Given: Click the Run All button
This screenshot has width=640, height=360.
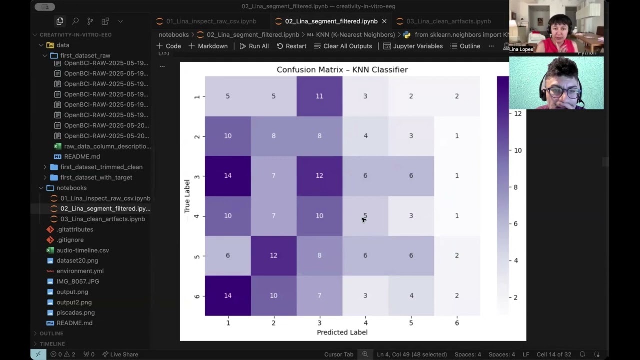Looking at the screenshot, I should tap(254, 46).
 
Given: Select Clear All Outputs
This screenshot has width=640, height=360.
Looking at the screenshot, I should tap(343, 46).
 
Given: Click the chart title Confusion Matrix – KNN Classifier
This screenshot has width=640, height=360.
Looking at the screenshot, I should tap(342, 70).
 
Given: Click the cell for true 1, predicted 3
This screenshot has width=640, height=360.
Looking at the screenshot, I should tap(319, 96).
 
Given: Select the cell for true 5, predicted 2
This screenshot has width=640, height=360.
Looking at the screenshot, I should tap(273, 255).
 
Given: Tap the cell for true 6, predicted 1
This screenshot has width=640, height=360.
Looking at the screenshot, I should tap(228, 295).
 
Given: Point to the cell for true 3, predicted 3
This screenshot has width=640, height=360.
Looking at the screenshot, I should tap(319, 175).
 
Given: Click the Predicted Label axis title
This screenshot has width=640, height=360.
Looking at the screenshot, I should tap(342, 332).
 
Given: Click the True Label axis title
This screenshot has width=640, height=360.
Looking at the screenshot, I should tap(187, 196).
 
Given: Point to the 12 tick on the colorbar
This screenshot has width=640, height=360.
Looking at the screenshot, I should tap(517, 113).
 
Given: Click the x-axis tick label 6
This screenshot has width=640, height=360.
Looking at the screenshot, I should tap(457, 323).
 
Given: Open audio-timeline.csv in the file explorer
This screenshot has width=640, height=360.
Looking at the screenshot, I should tap(82, 250).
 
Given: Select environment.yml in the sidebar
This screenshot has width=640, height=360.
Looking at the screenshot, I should tap(80, 271).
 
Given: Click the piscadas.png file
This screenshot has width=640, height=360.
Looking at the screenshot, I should tap(75, 313).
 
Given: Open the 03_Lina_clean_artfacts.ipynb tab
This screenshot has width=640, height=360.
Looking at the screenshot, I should tap(448, 21).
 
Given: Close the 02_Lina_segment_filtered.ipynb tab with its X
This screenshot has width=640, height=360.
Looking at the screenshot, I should tap(384, 21).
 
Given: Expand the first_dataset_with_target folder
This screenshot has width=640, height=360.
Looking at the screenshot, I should tap(96, 177).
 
